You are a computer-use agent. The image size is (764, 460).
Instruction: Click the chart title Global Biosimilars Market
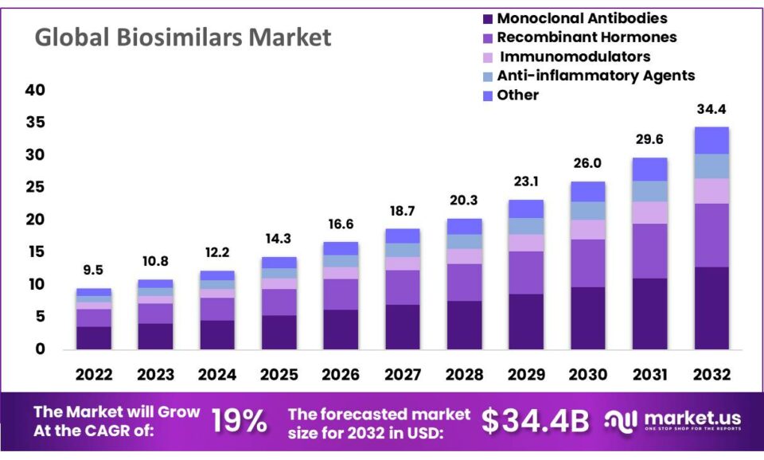(x=183, y=37)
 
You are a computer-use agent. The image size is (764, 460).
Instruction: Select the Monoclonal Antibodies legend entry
(x=582, y=18)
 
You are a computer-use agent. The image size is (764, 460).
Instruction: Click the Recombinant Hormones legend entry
(x=587, y=37)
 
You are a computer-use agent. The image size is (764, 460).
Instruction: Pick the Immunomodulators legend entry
(x=574, y=57)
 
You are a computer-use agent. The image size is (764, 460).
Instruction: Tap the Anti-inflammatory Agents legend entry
(x=595, y=76)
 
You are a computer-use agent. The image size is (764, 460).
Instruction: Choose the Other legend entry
(x=517, y=95)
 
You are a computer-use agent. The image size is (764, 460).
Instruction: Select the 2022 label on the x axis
(x=94, y=374)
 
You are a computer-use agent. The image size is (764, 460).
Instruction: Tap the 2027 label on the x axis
(x=403, y=374)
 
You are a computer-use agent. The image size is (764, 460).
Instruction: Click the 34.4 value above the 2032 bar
(x=711, y=109)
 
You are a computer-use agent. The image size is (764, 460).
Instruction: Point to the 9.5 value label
(x=94, y=271)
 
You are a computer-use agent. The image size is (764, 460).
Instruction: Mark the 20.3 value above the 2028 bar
(x=464, y=201)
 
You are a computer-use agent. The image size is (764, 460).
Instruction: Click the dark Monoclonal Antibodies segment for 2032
(x=711, y=308)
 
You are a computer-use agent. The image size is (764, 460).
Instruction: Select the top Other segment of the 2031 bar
(x=649, y=169)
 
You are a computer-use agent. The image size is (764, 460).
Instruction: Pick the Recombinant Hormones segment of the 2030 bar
(x=587, y=263)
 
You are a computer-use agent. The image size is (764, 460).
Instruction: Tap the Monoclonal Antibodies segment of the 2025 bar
(x=279, y=332)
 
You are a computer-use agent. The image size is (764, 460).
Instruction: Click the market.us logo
(x=672, y=421)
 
